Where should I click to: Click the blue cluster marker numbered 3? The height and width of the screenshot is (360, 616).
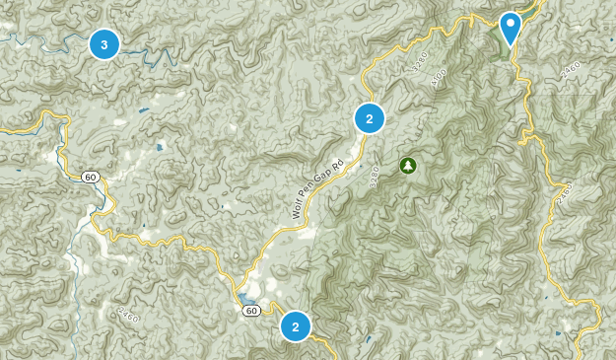click(103, 43)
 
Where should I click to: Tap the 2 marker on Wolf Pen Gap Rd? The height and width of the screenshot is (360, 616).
click(369, 119)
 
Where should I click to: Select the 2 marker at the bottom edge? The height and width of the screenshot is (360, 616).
click(295, 325)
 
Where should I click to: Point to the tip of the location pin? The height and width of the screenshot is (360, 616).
click(511, 45)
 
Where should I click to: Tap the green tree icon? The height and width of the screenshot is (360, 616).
click(407, 165)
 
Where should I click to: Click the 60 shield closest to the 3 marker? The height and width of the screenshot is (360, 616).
click(90, 177)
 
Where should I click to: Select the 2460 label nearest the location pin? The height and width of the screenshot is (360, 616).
click(568, 70)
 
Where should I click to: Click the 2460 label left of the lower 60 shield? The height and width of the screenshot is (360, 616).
click(127, 317)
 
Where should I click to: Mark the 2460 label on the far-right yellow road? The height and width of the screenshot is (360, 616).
click(563, 195)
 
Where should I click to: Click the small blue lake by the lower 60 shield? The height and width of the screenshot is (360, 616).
click(242, 298)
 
